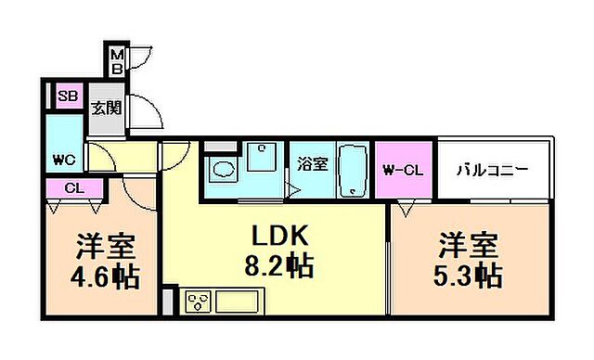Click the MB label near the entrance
point(117,63)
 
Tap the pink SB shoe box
point(67,96)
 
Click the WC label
point(64,157)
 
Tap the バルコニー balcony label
point(493,171)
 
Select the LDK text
point(272,234)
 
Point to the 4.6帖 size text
point(105,276)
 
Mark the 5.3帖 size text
point(469,276)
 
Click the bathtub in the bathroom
point(353,171)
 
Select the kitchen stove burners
point(199,302)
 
